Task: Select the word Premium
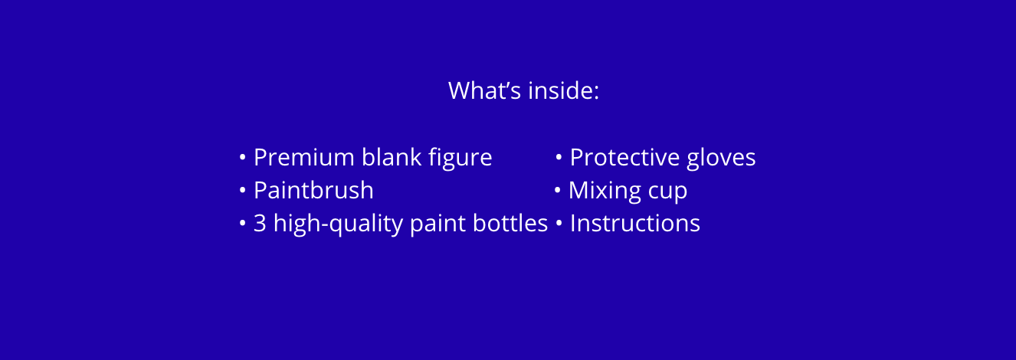click(304, 157)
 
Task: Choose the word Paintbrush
click(313, 190)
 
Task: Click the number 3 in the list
click(260, 223)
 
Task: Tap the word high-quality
click(338, 224)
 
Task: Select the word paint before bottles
click(438, 224)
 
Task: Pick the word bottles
click(510, 223)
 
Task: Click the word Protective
click(624, 157)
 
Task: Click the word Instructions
click(635, 224)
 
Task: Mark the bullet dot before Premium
click(243, 157)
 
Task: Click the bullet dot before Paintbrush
click(243, 191)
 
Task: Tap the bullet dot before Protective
click(559, 157)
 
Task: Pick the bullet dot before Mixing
click(558, 191)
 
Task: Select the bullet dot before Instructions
click(559, 224)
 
